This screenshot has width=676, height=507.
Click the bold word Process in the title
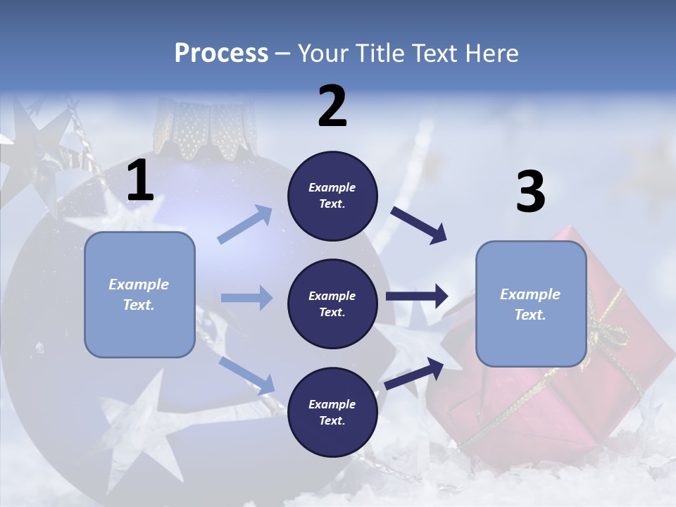(x=221, y=54)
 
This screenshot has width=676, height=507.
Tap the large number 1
(x=140, y=181)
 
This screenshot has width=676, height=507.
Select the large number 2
(x=332, y=106)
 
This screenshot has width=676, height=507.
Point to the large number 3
(x=530, y=193)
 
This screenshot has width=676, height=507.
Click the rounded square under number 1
(x=139, y=294)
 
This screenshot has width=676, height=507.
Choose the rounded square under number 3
(x=531, y=303)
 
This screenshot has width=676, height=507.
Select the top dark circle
(x=332, y=196)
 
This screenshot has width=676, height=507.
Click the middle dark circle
(x=332, y=303)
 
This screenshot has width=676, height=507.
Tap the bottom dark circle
(x=332, y=412)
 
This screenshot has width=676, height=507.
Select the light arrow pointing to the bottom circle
(x=246, y=375)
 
